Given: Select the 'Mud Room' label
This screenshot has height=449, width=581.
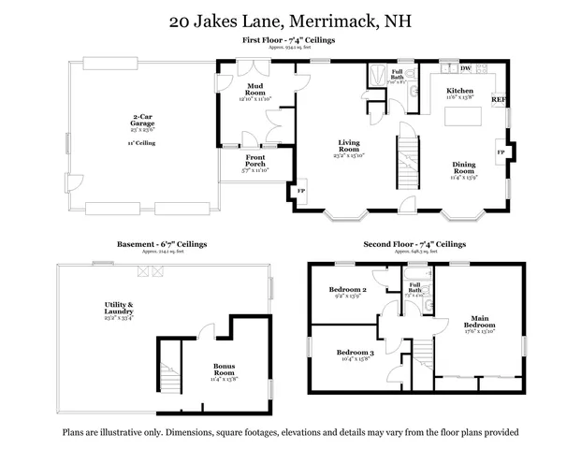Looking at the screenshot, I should pos(255,90).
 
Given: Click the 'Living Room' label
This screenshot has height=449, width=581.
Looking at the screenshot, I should pos(349,146).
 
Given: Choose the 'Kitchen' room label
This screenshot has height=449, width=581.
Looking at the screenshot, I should pos(459,91).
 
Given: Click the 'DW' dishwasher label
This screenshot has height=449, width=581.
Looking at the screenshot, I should pos(466,68).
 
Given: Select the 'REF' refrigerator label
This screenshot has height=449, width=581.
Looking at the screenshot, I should pos(499,99).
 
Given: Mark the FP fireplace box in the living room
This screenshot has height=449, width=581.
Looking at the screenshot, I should pos(301,191).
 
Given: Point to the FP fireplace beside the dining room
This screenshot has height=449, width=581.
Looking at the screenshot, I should pos(501,151).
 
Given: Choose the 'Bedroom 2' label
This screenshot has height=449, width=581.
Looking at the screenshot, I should pos(346,290).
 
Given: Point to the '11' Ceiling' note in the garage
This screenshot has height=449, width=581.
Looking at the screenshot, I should pos(142,143).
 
